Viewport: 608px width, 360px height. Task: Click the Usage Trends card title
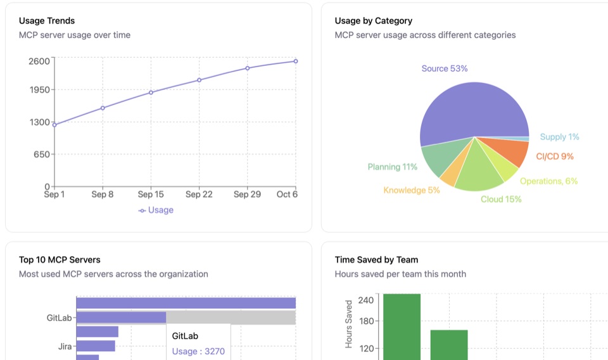[47, 21]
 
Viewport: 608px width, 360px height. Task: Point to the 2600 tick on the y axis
[39, 61]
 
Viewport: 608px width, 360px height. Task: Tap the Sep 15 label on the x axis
[151, 195]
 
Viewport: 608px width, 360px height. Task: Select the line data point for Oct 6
[296, 61]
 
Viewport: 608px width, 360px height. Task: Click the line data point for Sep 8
[103, 108]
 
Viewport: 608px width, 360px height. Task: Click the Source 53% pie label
[444, 68]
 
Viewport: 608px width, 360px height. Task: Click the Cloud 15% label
[501, 199]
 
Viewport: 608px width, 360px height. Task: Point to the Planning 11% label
[392, 167]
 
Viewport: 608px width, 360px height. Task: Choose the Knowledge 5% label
[411, 190]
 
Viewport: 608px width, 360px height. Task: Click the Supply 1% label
[559, 137]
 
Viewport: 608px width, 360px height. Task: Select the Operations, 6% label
[548, 181]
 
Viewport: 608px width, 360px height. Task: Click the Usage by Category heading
[373, 21]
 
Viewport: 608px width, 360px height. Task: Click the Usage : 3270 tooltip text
[198, 351]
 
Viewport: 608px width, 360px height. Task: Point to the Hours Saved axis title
[349, 324]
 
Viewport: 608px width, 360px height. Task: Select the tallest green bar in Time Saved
[402, 326]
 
